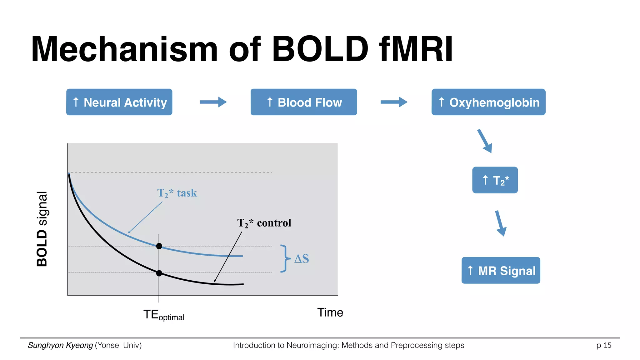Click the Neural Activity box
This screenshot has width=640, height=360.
tap(119, 102)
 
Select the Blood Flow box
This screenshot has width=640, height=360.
tap(303, 102)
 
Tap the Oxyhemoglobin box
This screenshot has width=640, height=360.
tap(488, 102)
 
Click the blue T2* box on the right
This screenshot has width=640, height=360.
tap(495, 180)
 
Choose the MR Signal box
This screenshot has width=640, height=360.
tap(501, 270)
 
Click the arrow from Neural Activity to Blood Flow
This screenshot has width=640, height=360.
tap(213, 102)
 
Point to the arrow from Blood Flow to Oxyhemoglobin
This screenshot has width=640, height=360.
tap(394, 102)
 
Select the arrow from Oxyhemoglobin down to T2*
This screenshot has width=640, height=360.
tap(485, 141)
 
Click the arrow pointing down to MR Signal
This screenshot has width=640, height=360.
tap(501, 223)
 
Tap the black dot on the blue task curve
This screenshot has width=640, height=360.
tap(159, 246)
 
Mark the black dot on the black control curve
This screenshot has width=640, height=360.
tap(159, 273)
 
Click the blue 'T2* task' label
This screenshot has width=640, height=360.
tap(177, 193)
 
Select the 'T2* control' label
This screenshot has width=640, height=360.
tap(264, 223)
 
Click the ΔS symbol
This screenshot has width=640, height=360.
tap(302, 259)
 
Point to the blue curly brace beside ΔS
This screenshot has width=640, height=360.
tap(284, 258)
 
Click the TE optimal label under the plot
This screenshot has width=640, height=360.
tap(164, 315)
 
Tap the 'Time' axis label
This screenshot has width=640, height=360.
tap(330, 312)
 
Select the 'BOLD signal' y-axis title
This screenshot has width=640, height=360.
tap(42, 229)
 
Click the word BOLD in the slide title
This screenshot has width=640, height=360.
tap(320, 49)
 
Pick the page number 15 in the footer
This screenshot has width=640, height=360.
tap(607, 345)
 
